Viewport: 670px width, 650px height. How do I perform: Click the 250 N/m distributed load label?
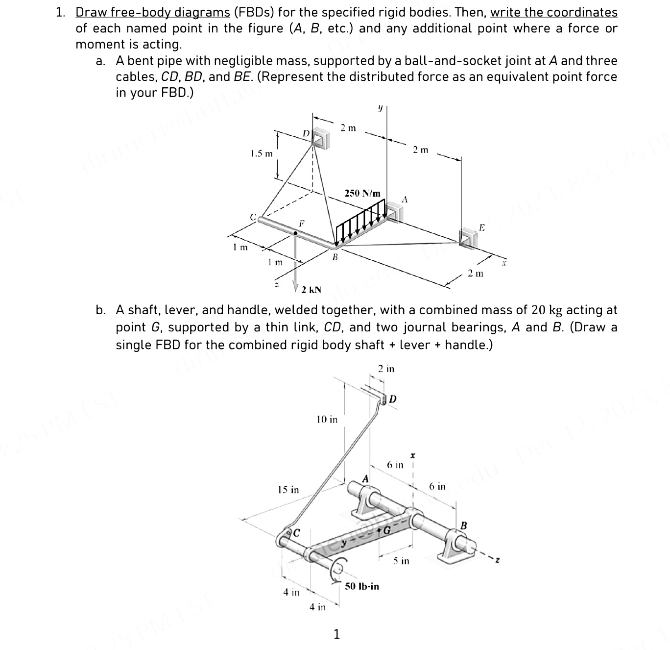click(x=362, y=193)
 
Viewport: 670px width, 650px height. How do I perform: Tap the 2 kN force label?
click(x=311, y=290)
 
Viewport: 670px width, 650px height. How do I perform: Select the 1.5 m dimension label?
click(x=261, y=153)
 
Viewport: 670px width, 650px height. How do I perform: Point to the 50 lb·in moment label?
click(x=362, y=586)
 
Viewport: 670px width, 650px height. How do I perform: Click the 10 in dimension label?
click(x=327, y=419)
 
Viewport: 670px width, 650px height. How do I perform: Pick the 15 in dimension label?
click(x=288, y=489)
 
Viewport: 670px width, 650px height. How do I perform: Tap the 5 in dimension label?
click(x=402, y=560)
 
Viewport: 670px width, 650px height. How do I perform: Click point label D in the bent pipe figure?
click(x=305, y=133)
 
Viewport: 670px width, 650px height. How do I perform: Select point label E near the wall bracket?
click(x=482, y=227)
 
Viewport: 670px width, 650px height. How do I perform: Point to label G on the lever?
click(x=387, y=530)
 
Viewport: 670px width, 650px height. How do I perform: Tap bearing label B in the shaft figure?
click(x=464, y=525)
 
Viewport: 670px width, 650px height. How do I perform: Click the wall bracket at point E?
click(x=467, y=238)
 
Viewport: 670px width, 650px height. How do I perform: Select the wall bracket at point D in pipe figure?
click(x=321, y=138)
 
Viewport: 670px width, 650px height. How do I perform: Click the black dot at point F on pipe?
click(x=295, y=234)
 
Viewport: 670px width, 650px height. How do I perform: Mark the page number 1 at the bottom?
click(x=336, y=634)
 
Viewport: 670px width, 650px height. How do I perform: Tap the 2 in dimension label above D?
click(x=386, y=369)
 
